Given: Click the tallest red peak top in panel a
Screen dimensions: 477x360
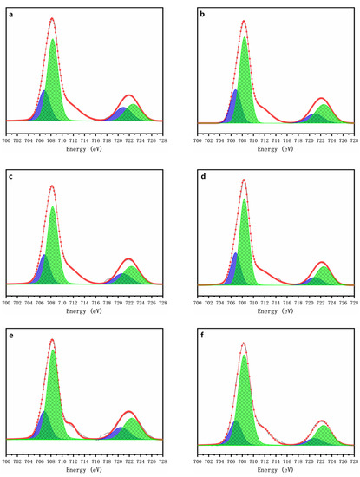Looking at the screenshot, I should (x=52, y=18).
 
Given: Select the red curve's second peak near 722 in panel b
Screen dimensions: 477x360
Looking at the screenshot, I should (x=321, y=98).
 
